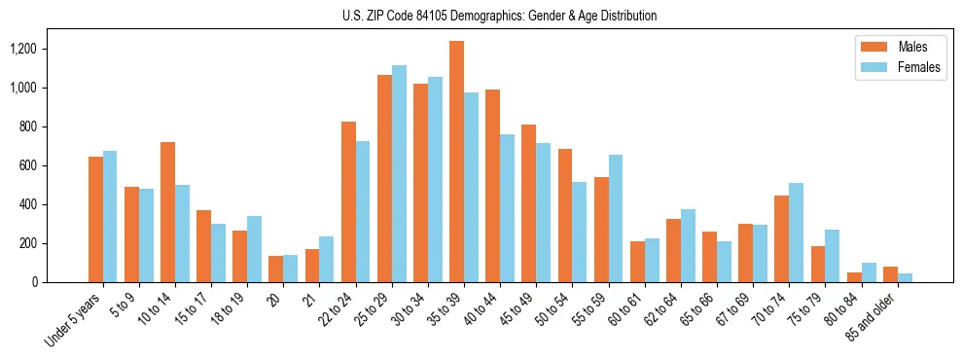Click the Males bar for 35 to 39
pyautogui.click(x=456, y=162)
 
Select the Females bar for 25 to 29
pyautogui.click(x=399, y=174)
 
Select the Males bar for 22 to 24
pyautogui.click(x=348, y=202)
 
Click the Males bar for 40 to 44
pyautogui.click(x=492, y=186)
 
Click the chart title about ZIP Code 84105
pyautogui.click(x=499, y=16)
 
